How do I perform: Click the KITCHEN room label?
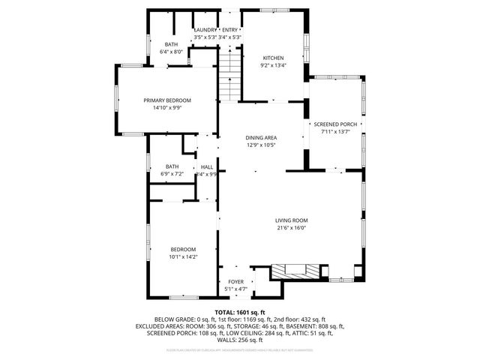(274, 58)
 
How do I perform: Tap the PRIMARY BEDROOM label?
(167, 100)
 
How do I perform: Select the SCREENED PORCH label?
(335, 124)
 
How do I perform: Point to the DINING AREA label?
(261, 138)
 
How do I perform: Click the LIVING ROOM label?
(292, 220)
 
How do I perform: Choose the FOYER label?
(236, 282)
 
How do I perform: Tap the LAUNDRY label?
(205, 29)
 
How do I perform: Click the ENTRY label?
(230, 29)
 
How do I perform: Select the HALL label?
(206, 166)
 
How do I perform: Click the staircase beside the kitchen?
(229, 75)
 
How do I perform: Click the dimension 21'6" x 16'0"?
(292, 228)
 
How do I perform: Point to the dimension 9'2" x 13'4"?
(274, 65)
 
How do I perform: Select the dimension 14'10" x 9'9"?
(167, 107)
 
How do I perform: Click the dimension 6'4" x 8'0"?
(171, 52)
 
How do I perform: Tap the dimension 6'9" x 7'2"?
(172, 174)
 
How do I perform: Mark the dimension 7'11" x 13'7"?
(335, 132)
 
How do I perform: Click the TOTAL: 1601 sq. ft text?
(240, 311)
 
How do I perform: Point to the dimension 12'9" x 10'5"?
(261, 145)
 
